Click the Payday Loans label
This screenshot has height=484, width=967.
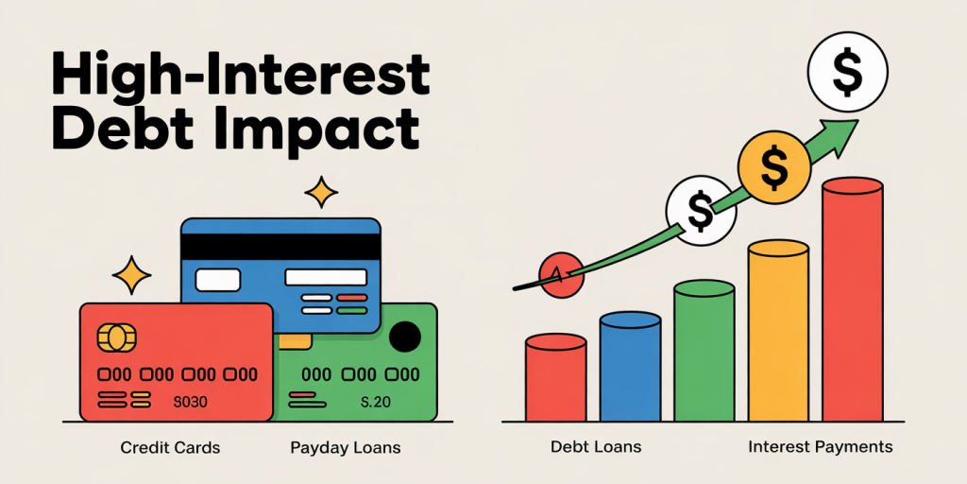pos(346,447)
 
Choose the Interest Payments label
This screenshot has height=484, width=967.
pos(821,447)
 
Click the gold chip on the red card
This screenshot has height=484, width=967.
pos(116,337)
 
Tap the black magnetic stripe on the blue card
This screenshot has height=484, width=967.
pos(280,248)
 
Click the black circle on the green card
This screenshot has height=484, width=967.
pos(405,337)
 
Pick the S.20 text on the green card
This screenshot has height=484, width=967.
pos(375,403)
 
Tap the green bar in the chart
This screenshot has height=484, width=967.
pos(704,351)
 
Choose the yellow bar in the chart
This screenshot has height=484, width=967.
pos(778,331)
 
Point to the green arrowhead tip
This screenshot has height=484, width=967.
pos(857,120)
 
